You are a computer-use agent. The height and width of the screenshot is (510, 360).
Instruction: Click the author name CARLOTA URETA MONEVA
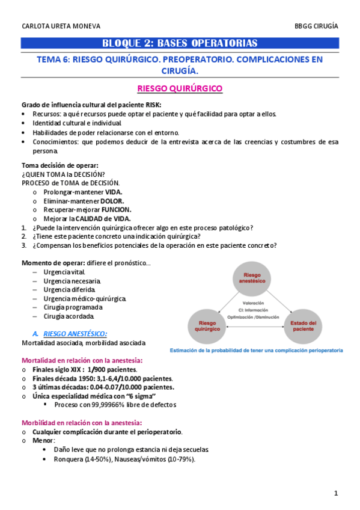(61, 26)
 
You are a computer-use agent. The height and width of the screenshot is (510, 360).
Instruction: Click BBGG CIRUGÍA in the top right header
(316, 26)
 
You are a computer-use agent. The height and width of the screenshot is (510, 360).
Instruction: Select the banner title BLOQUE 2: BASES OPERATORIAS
(180, 43)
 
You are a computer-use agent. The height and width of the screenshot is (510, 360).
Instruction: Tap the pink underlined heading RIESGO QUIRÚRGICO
(180, 88)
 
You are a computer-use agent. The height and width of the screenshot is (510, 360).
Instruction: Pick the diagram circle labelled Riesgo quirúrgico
(207, 327)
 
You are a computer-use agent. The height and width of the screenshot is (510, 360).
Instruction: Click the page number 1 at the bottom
(337, 494)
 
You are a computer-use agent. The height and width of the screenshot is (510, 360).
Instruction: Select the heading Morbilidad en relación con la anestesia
(82, 422)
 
